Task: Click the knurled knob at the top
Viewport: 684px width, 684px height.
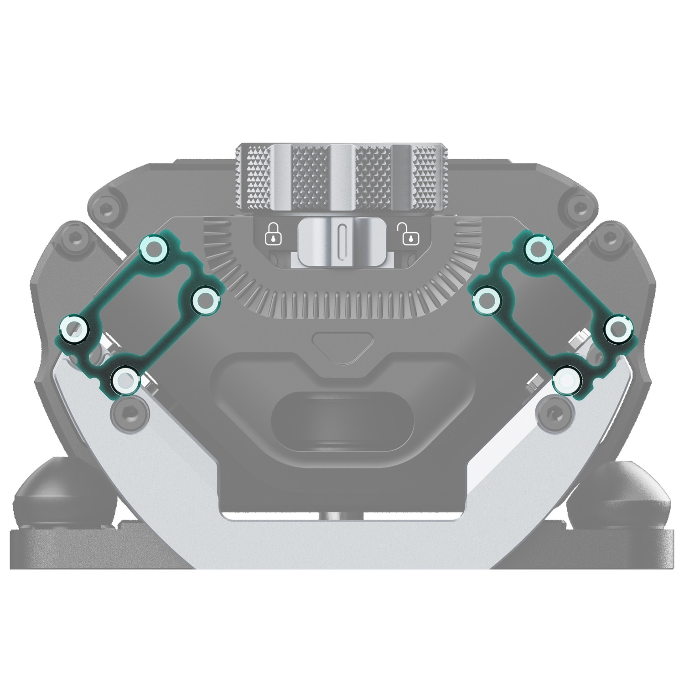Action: pyautogui.click(x=342, y=178)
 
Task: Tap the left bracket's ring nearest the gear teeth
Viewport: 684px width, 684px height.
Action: pyautogui.click(x=205, y=300)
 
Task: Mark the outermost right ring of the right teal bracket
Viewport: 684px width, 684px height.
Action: pyautogui.click(x=618, y=328)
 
